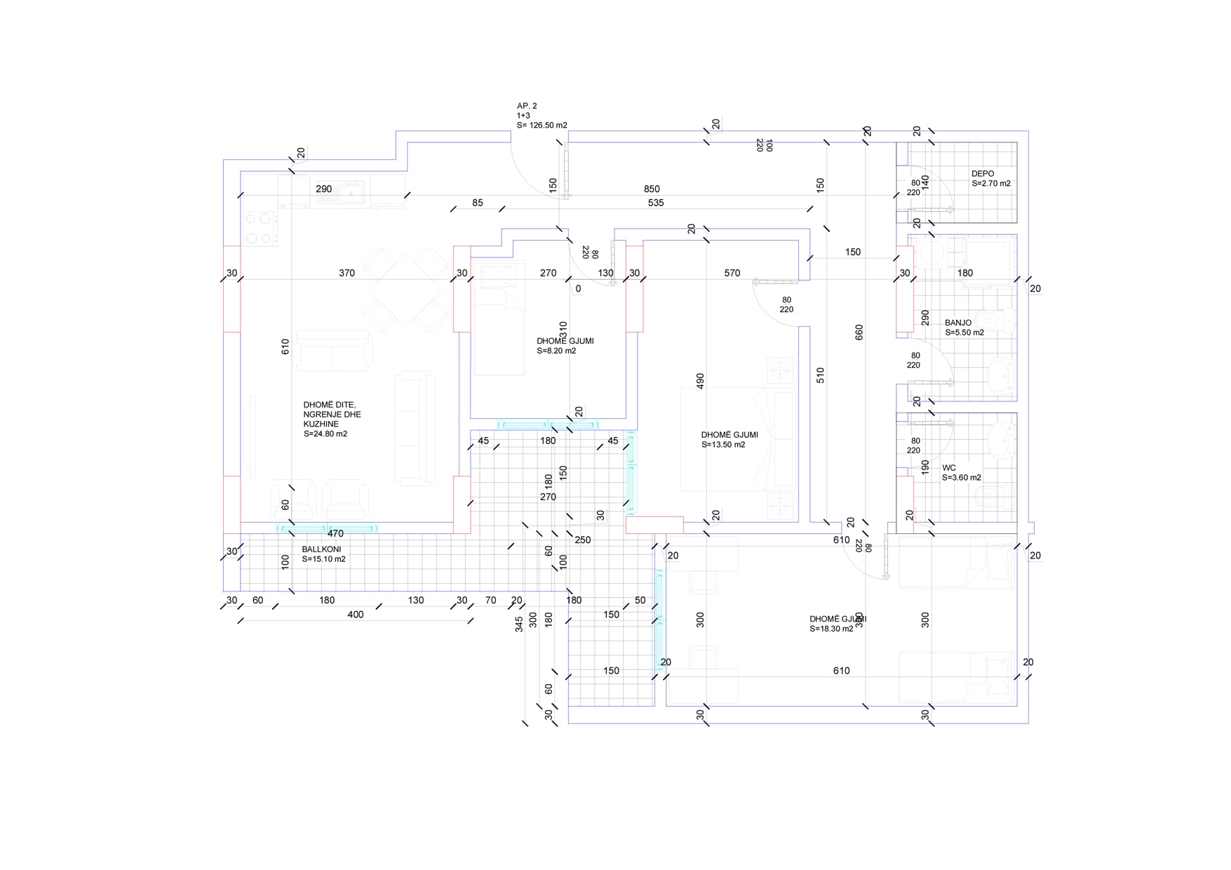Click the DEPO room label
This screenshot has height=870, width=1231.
coord(982,174)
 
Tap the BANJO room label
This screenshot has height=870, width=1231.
coord(958,323)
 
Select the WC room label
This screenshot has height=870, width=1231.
coord(949,468)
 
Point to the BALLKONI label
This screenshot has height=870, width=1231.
coord(321,549)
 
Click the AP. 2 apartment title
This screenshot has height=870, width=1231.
coord(527,106)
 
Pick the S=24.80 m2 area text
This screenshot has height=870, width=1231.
coord(325,434)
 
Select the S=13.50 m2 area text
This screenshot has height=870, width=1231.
coord(723,445)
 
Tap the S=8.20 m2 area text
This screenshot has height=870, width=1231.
coord(556,351)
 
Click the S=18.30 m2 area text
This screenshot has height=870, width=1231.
coord(831,629)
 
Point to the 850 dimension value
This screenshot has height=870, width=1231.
coord(652,189)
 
